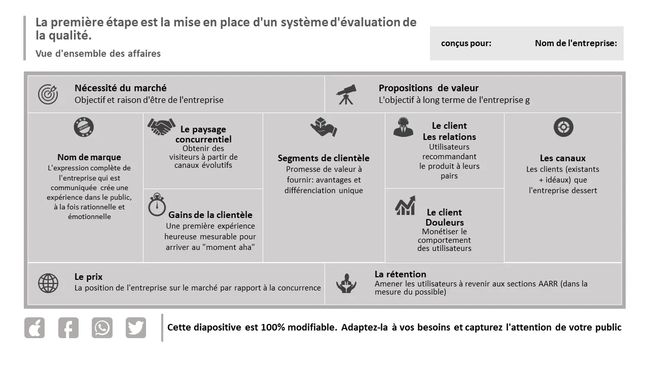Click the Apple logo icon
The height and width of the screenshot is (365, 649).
pyautogui.click(x=34, y=328)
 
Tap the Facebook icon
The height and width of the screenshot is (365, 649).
pyautogui.click(x=68, y=328)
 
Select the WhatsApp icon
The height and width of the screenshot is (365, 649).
pyautogui.click(x=102, y=328)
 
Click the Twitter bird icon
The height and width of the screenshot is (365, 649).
pyautogui.click(x=135, y=328)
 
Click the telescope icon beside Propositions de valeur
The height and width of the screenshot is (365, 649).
pyautogui.click(x=346, y=94)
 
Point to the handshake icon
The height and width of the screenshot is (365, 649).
pyautogui.click(x=161, y=127)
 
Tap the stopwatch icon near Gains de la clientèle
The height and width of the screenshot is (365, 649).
pyautogui.click(x=157, y=205)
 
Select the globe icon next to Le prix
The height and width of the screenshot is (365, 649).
pyautogui.click(x=48, y=283)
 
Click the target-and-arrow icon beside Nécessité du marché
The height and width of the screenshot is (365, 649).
pyautogui.click(x=48, y=94)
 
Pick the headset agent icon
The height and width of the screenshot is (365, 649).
pyautogui.click(x=403, y=127)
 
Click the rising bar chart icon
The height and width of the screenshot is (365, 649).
pyautogui.click(x=405, y=205)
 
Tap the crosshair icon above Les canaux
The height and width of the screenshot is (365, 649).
pyautogui.click(x=563, y=127)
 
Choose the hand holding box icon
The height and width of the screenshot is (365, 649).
pyautogui.click(x=323, y=127)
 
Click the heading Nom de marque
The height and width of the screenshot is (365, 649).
pyautogui.click(x=89, y=157)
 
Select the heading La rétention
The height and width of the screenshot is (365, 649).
pyautogui.click(x=400, y=274)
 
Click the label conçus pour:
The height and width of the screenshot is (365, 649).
pyautogui.click(x=466, y=43)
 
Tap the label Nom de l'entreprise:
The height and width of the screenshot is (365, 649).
pyautogui.click(x=575, y=43)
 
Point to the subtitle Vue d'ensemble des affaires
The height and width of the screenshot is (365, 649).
pyautogui.click(x=98, y=53)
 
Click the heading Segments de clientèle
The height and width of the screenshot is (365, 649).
pyautogui.click(x=323, y=158)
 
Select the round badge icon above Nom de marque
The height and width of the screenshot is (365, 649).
pyautogui.click(x=84, y=127)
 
